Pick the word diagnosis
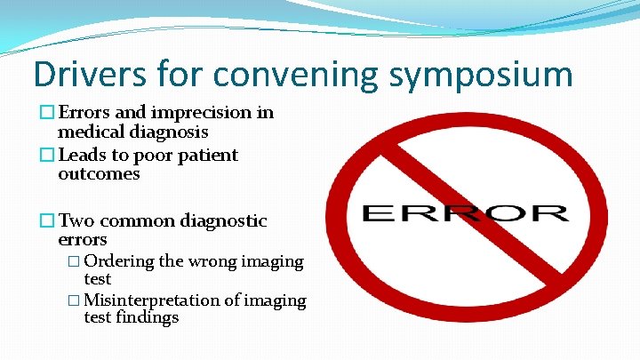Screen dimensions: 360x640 [168, 132]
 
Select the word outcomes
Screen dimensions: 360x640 [99, 174]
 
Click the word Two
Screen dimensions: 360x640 [77, 220]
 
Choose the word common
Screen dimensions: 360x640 [140, 220]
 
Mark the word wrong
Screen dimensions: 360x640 [212, 261]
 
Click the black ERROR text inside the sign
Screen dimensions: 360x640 [465, 213]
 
